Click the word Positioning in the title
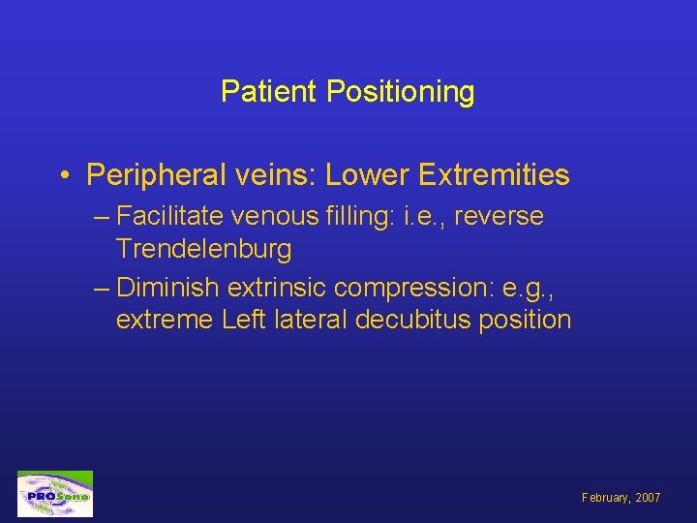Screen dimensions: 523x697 (401, 93)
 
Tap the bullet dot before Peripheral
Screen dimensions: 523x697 (63, 175)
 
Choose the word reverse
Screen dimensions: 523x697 (499, 217)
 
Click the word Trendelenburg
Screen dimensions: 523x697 (203, 249)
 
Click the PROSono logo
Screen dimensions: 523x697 (55, 495)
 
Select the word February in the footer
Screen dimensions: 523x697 (603, 498)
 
